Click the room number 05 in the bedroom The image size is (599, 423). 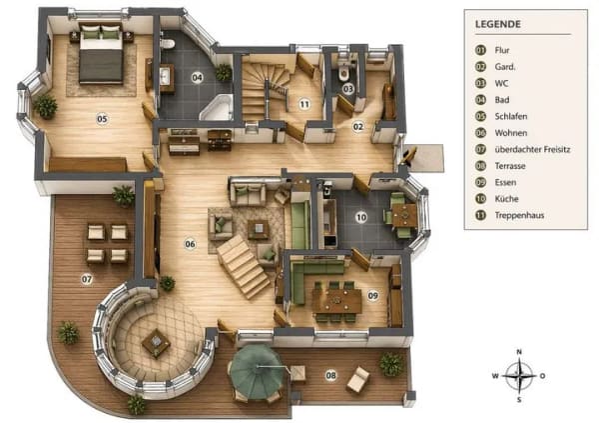(x=102, y=119)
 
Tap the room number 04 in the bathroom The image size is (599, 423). (x=197, y=78)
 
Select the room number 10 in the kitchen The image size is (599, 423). (x=361, y=217)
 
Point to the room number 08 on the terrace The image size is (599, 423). (x=331, y=375)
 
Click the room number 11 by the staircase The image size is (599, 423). (x=304, y=104)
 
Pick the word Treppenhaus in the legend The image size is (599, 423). (x=519, y=215)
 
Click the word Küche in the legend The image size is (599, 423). (x=506, y=199)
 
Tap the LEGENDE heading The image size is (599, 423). (x=498, y=24)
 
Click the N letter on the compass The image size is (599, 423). (x=519, y=352)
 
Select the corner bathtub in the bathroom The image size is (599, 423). (x=218, y=107)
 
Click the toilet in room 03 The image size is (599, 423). (x=343, y=70)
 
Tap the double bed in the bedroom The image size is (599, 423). (x=101, y=53)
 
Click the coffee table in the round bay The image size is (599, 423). (x=156, y=342)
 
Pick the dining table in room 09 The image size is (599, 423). (x=337, y=301)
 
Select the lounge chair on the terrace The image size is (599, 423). (x=358, y=379)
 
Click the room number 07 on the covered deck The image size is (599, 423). (x=87, y=279)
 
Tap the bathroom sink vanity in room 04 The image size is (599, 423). (x=167, y=79)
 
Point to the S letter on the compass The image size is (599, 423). (x=519, y=400)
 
